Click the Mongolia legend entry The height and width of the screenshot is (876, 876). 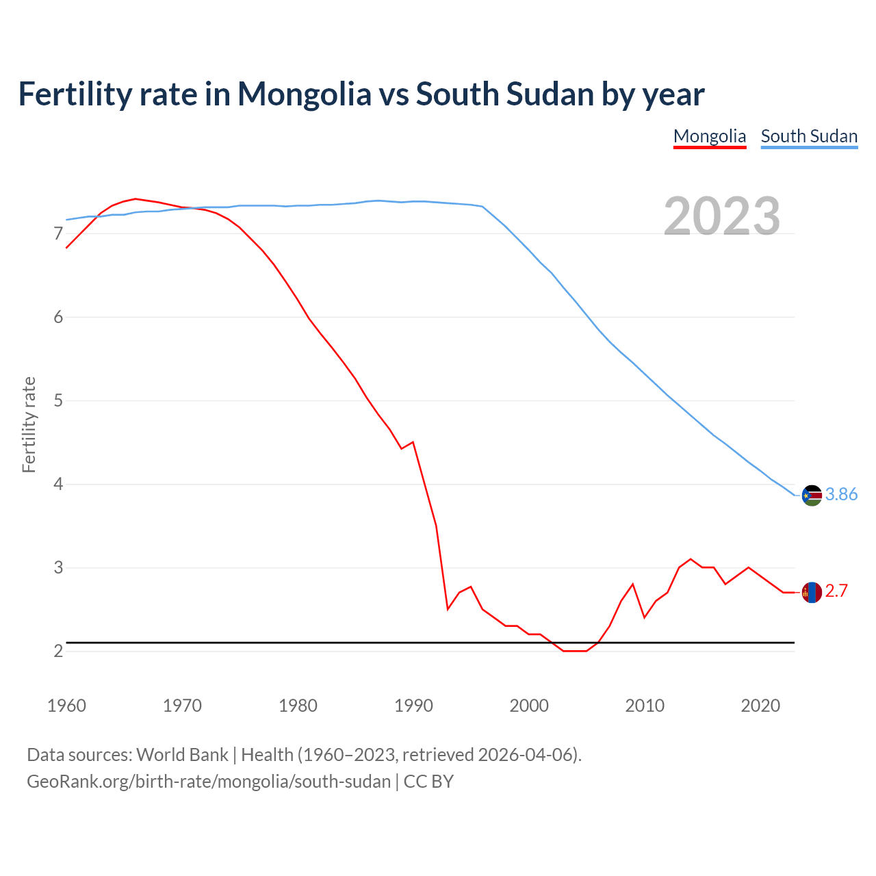(x=710, y=136)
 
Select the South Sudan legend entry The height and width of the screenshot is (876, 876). (x=809, y=136)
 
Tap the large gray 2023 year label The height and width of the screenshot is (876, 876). (x=722, y=216)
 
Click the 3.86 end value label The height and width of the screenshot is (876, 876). (x=841, y=494)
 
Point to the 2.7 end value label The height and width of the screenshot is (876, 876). (x=836, y=591)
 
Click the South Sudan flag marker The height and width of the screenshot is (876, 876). (x=812, y=495)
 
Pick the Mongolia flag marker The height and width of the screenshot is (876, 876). (x=812, y=592)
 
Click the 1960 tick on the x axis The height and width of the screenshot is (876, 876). (x=66, y=706)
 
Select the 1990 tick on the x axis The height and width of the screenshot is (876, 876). (x=413, y=706)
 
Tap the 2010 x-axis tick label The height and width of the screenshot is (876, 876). (x=645, y=706)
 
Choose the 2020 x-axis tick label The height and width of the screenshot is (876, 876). (x=760, y=706)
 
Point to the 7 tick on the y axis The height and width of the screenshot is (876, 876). (x=58, y=234)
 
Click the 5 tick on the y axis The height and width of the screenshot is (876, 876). (x=58, y=400)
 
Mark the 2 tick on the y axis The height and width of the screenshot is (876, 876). (x=58, y=651)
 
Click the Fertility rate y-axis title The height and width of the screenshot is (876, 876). (x=29, y=424)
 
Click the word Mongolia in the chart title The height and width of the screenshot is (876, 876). (x=305, y=94)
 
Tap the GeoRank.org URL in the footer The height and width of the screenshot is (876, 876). (x=209, y=781)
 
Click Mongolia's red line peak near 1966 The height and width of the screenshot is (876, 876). (x=136, y=198)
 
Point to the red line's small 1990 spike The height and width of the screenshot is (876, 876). (x=413, y=442)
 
